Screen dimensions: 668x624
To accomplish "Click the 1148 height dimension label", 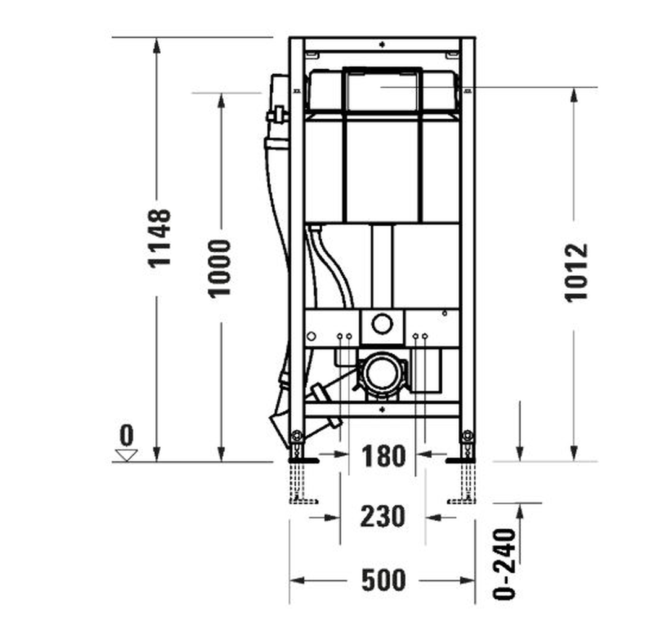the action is [160, 237].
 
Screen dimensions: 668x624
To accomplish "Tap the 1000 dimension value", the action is [220, 268].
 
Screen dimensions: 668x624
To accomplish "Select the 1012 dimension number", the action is [576, 273].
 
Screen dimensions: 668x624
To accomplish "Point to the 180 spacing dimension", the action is [383, 456].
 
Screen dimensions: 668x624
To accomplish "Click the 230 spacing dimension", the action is [383, 516].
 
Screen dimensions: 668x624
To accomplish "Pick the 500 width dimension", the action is [383, 579].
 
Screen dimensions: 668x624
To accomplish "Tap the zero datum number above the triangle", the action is [127, 435].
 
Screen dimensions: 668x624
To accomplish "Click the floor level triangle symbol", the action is [127, 455].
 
